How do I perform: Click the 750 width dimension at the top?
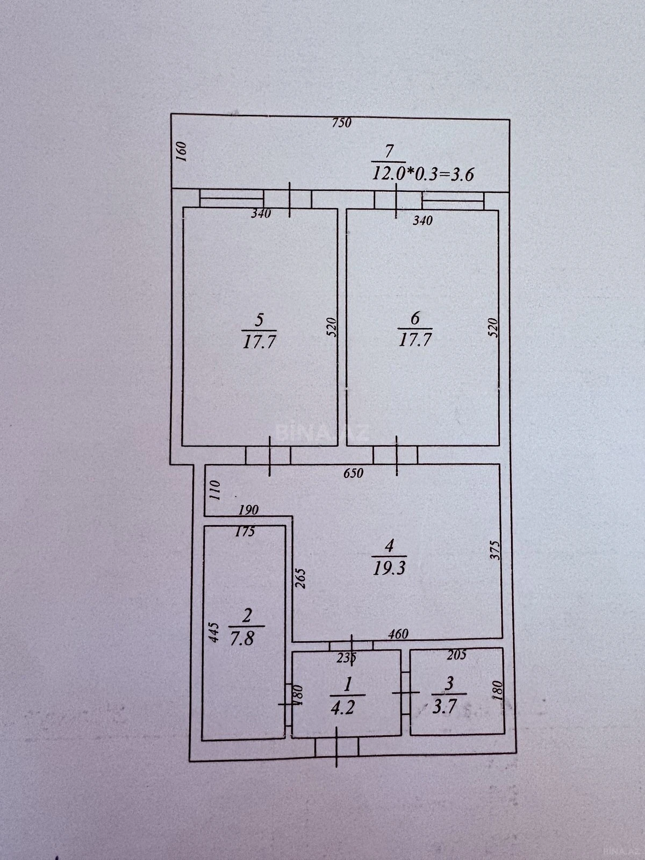tap(341, 123)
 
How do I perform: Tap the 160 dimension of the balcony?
tap(181, 152)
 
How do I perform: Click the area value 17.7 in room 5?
tap(259, 342)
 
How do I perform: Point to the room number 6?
tap(415, 318)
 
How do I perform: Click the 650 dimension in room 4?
tap(353, 473)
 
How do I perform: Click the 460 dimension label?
tap(398, 634)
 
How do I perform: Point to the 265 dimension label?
tap(301, 578)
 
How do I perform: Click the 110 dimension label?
tap(214, 491)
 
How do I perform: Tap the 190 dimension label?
tap(248, 510)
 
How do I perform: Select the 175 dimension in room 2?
tap(245, 533)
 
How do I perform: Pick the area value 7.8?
tap(243, 640)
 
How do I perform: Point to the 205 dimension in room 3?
tap(456, 655)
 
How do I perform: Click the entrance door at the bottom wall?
tap(336, 747)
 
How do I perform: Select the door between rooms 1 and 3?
tap(405, 693)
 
